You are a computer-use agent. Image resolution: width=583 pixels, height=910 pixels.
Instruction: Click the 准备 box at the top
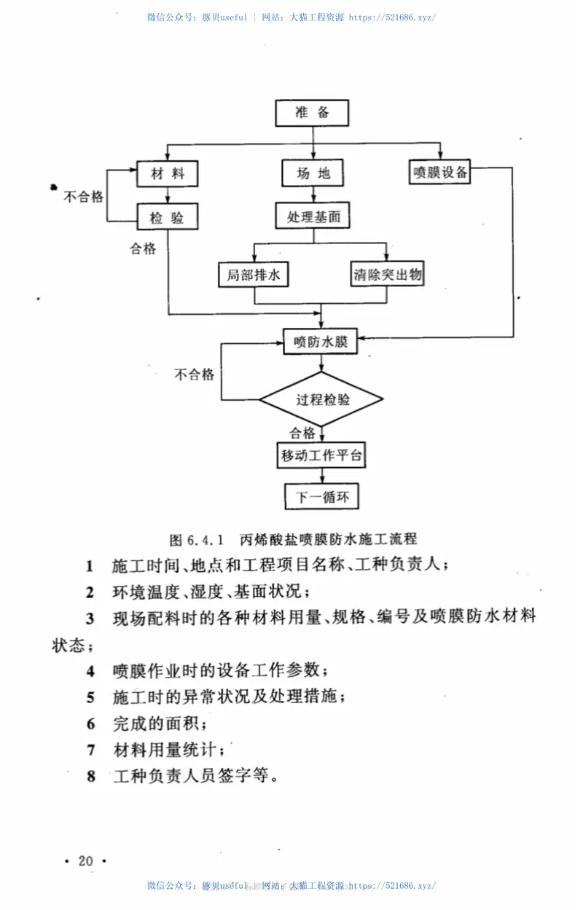[x=313, y=113]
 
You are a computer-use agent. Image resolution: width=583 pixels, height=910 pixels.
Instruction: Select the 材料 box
[x=168, y=173]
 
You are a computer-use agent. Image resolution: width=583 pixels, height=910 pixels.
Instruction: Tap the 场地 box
[x=313, y=173]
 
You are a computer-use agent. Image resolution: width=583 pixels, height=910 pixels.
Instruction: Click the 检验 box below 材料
[x=168, y=216]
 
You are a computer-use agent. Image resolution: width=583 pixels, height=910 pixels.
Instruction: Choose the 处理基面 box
[x=313, y=216]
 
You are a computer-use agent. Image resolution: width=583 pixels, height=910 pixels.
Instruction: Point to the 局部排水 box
[x=254, y=275]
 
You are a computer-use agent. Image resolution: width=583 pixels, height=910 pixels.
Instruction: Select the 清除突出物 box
[x=388, y=275]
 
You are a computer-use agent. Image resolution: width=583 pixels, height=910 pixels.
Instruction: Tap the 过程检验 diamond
[x=322, y=399]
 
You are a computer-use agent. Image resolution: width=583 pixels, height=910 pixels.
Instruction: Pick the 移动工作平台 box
[x=321, y=456]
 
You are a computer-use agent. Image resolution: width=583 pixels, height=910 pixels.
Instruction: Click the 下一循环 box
[x=321, y=498]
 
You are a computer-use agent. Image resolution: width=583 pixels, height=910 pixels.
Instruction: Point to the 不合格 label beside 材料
[x=84, y=197]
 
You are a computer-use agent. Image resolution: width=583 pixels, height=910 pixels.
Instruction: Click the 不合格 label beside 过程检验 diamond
[x=194, y=374]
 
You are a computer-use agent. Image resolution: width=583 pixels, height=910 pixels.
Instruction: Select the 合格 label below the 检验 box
[x=144, y=249]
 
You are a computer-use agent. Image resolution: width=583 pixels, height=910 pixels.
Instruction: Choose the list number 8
[x=90, y=776]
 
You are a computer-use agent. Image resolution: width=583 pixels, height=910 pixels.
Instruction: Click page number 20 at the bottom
[x=86, y=861]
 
